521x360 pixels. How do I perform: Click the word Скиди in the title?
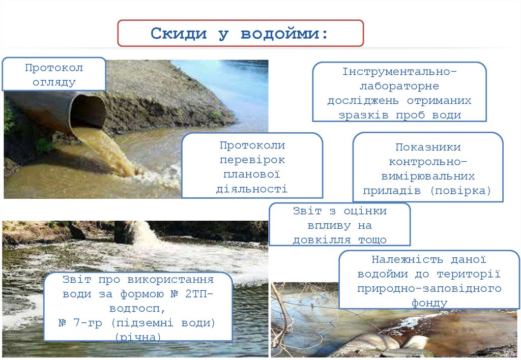pos(179,34)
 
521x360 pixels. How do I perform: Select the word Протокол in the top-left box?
pos(54,68)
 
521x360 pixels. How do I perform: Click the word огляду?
pos(54,82)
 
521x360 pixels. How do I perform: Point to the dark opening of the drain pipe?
pos(88,111)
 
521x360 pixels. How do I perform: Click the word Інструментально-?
pos(400,71)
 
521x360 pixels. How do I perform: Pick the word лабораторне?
pos(399,86)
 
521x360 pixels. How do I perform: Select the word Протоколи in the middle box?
pos(252,145)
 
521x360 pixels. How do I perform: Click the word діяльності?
pos(251,189)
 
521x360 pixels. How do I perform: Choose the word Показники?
pos(428,147)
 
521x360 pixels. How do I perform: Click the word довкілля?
pos(322,240)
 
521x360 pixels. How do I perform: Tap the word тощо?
pos(372,240)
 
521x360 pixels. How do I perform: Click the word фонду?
pos(429,303)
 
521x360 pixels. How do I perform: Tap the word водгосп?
pos(137,309)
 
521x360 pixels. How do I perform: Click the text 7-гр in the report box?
pos(88,323)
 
